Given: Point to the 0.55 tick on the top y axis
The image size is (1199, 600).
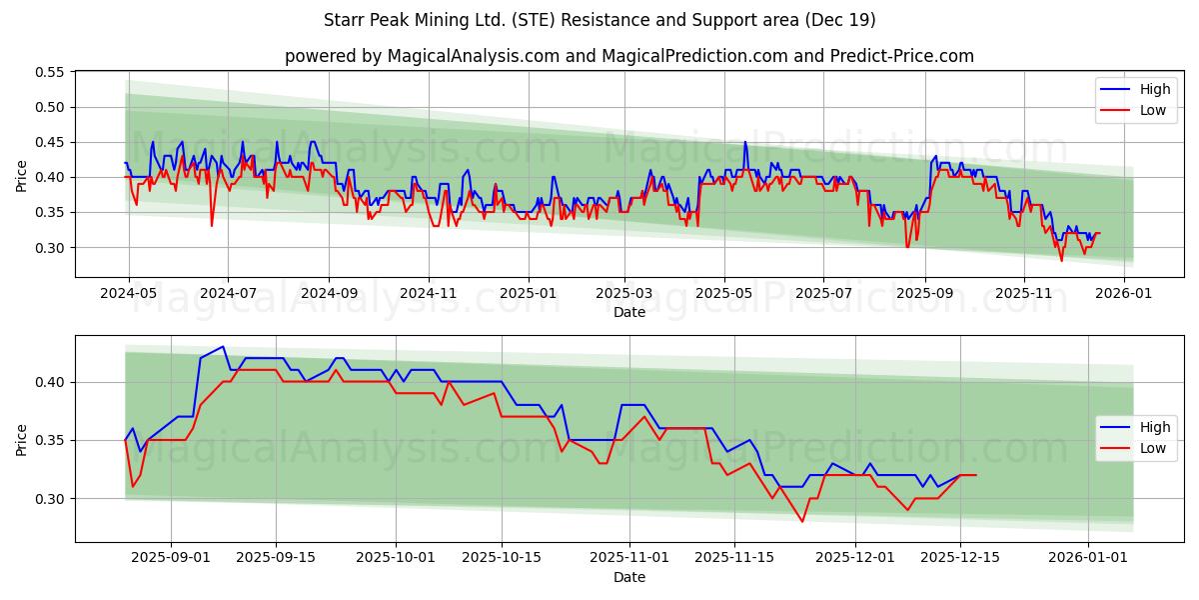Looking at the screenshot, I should [x=49, y=72].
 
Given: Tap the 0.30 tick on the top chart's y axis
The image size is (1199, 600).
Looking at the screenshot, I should [x=49, y=248].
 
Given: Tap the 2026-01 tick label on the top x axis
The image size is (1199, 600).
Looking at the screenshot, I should [x=1124, y=294].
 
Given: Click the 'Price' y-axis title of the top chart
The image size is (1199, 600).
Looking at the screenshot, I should [x=22, y=176].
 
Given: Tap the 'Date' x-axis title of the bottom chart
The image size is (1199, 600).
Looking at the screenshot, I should [x=629, y=577].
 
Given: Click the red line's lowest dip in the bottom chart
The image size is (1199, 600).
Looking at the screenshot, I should [x=801, y=521].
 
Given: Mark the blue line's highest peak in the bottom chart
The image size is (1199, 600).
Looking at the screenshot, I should [x=223, y=347].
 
